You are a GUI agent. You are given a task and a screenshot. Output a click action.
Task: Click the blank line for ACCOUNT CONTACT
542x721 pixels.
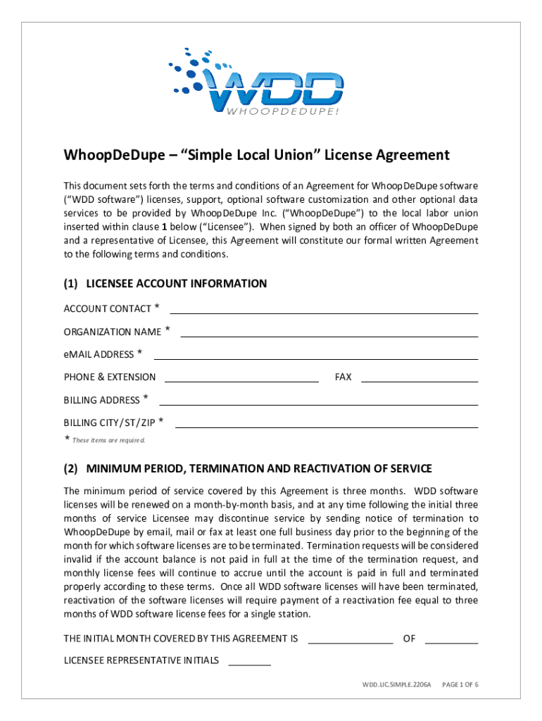pos(324,308)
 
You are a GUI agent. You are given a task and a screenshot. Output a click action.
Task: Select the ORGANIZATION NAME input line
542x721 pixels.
pos(329,332)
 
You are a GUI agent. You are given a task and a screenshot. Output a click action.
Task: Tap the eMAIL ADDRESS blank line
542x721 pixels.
pos(315,354)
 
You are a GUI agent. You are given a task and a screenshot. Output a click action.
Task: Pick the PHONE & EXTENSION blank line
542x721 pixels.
pos(241,377)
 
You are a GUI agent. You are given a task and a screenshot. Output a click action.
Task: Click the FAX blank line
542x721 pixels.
pos(419,377)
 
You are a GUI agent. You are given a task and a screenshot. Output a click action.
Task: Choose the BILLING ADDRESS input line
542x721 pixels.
pos(319,400)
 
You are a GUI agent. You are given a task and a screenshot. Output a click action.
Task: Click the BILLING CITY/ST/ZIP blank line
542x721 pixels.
pos(326,423)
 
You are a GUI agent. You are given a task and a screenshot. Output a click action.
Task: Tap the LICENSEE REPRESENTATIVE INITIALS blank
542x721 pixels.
pos(250,660)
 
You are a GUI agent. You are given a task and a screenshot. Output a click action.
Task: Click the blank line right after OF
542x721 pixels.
pos(451,639)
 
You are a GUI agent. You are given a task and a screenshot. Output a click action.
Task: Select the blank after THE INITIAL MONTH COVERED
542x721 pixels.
pos(351,639)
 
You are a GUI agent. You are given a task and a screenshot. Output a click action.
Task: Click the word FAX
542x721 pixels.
pos(343,377)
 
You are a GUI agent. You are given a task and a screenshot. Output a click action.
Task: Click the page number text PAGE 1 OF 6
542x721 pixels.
pos(460,684)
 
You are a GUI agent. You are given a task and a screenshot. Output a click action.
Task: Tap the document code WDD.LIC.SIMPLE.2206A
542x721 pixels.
pos(395,684)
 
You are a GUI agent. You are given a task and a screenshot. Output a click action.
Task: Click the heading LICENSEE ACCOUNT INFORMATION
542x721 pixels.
pos(176,284)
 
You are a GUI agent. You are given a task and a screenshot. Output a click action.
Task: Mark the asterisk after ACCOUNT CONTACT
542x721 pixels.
pos(157,307)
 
